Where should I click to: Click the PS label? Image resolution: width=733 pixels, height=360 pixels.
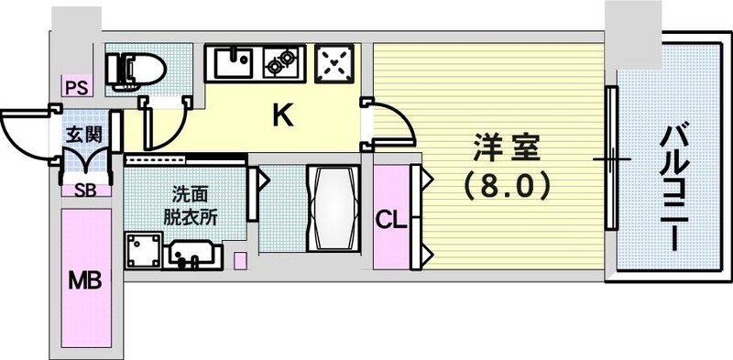[x=74, y=88]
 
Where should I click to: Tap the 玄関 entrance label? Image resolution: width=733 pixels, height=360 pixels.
[x=82, y=134]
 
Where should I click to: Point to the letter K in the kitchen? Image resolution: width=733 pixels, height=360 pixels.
[x=284, y=116]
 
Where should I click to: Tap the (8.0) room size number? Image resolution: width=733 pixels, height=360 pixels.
[x=507, y=187]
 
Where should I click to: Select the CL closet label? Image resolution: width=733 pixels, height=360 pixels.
[x=390, y=220]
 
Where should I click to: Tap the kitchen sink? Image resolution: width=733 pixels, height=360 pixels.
[x=236, y=62]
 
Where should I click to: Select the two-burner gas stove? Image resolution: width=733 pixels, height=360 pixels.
[x=281, y=62]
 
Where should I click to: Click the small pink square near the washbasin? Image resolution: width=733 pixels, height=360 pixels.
[x=241, y=259]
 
